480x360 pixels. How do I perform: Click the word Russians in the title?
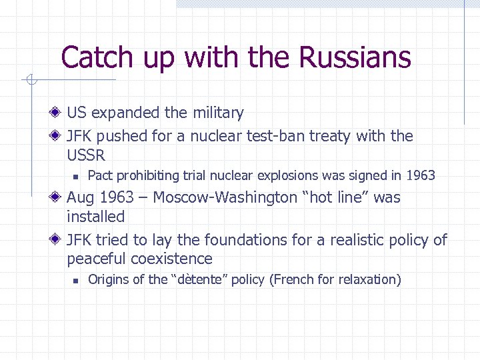tap(355, 57)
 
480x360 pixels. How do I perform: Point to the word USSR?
tap(86, 155)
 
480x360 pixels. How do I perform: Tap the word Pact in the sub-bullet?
tap(100, 176)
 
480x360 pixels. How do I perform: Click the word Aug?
tap(81, 197)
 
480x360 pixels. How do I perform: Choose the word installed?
tap(95, 217)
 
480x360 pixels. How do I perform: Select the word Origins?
tap(108, 279)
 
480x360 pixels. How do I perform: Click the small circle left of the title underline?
tap(29, 81)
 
